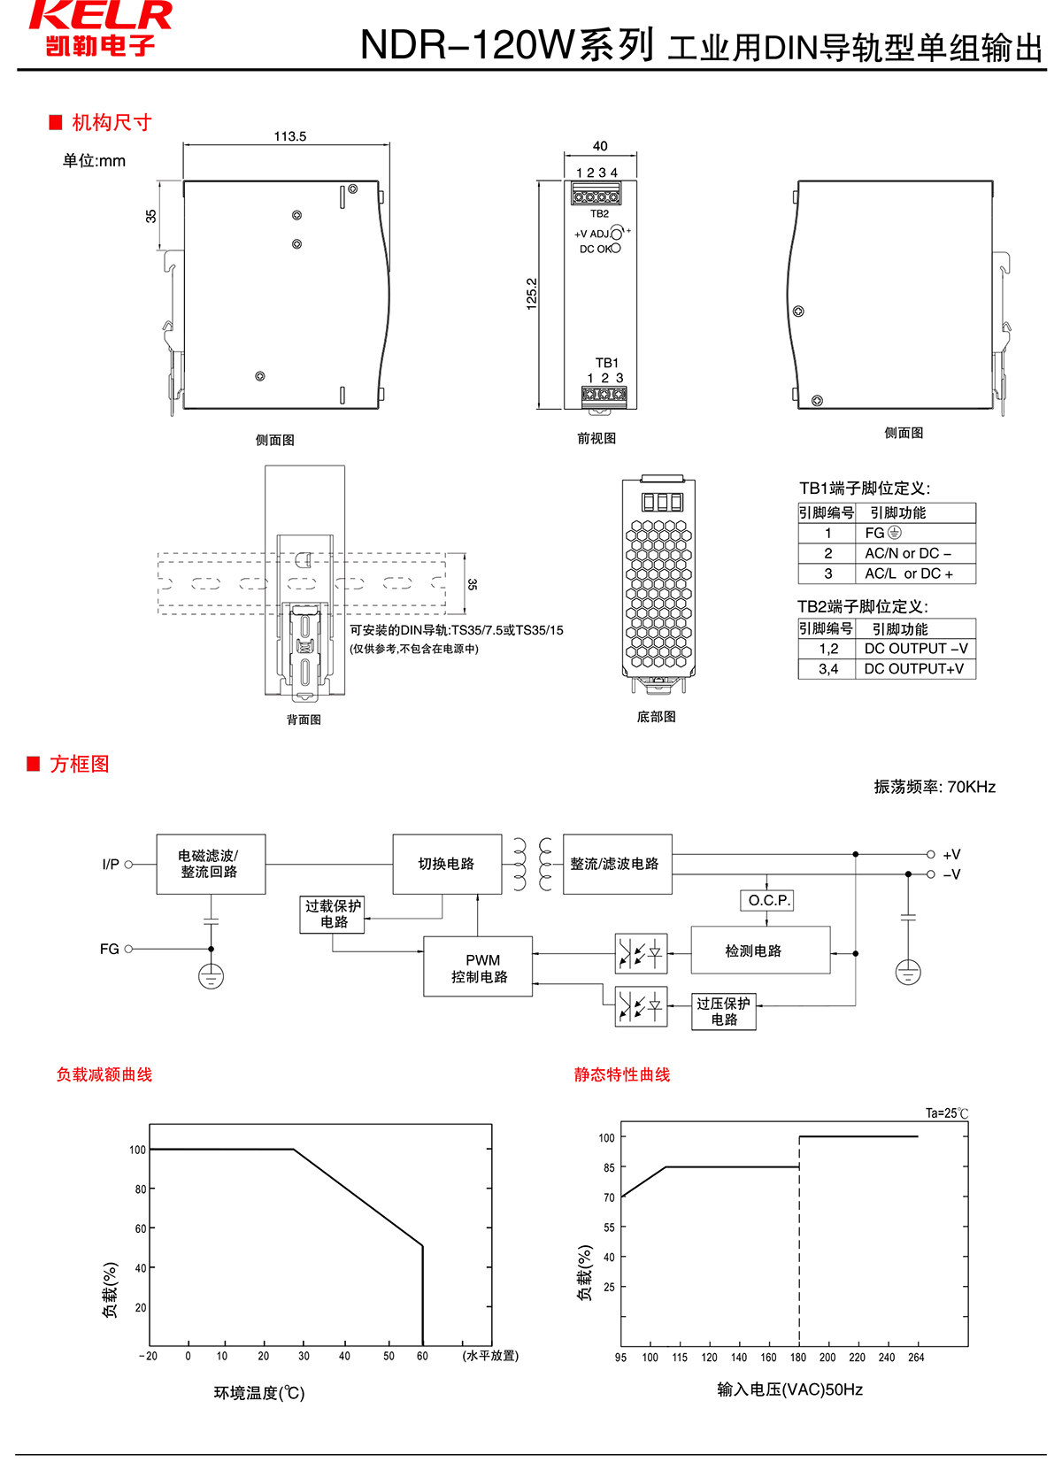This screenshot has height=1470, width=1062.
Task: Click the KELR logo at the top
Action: [100, 28]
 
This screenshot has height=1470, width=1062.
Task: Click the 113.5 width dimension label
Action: [290, 136]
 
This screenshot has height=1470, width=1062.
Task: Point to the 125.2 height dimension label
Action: [532, 294]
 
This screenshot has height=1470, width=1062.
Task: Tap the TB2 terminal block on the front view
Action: [595, 194]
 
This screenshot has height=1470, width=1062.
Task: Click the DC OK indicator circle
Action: [616, 249]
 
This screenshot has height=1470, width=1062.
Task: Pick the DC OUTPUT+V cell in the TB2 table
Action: [914, 669]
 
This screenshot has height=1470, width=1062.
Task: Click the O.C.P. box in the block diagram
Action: [766, 900]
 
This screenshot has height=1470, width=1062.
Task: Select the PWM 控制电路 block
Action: [479, 967]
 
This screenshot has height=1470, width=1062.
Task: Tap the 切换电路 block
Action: [447, 864]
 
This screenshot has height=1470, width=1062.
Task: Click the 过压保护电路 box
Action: [724, 1012]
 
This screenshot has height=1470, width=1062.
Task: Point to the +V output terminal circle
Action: [931, 854]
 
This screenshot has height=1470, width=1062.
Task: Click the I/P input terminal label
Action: [111, 865]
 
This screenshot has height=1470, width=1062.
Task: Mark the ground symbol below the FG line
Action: [211, 977]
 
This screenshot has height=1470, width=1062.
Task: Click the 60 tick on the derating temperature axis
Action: [422, 1356]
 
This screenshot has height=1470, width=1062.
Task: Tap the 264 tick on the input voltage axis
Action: [916, 1358]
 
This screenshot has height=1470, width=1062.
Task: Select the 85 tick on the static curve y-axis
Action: [609, 1168]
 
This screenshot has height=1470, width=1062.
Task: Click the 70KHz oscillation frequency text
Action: [971, 787]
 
